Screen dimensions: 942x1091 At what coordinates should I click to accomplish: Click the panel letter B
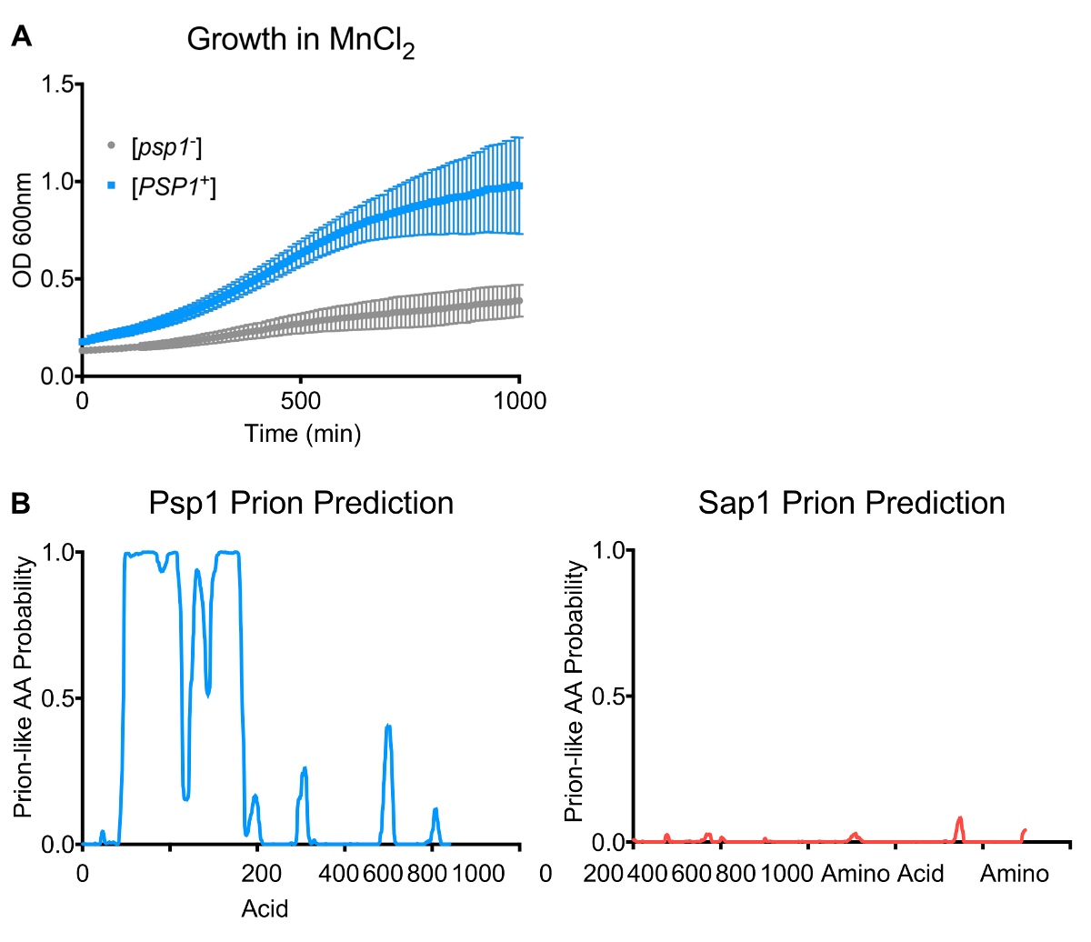coord(21,503)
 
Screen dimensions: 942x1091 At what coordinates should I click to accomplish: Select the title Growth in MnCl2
coord(300,41)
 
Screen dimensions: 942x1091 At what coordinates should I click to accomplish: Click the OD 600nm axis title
coord(23,230)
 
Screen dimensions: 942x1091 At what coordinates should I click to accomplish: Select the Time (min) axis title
coord(302,434)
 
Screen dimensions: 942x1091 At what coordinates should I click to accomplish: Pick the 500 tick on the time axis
coord(301,401)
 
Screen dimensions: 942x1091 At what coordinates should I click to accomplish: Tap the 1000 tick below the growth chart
coord(519,401)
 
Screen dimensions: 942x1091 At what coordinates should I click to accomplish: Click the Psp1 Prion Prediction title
coord(301,503)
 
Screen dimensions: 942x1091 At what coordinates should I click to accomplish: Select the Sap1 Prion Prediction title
coord(851,503)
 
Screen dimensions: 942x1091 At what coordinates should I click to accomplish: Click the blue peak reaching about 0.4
coord(388,727)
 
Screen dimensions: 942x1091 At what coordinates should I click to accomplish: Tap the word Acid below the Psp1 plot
coord(265,907)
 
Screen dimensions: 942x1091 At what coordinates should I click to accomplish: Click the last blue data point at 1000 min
coord(519,185)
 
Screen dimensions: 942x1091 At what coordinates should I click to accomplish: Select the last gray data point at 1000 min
coord(519,300)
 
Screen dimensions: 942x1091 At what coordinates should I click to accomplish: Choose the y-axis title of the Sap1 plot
coord(574,691)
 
